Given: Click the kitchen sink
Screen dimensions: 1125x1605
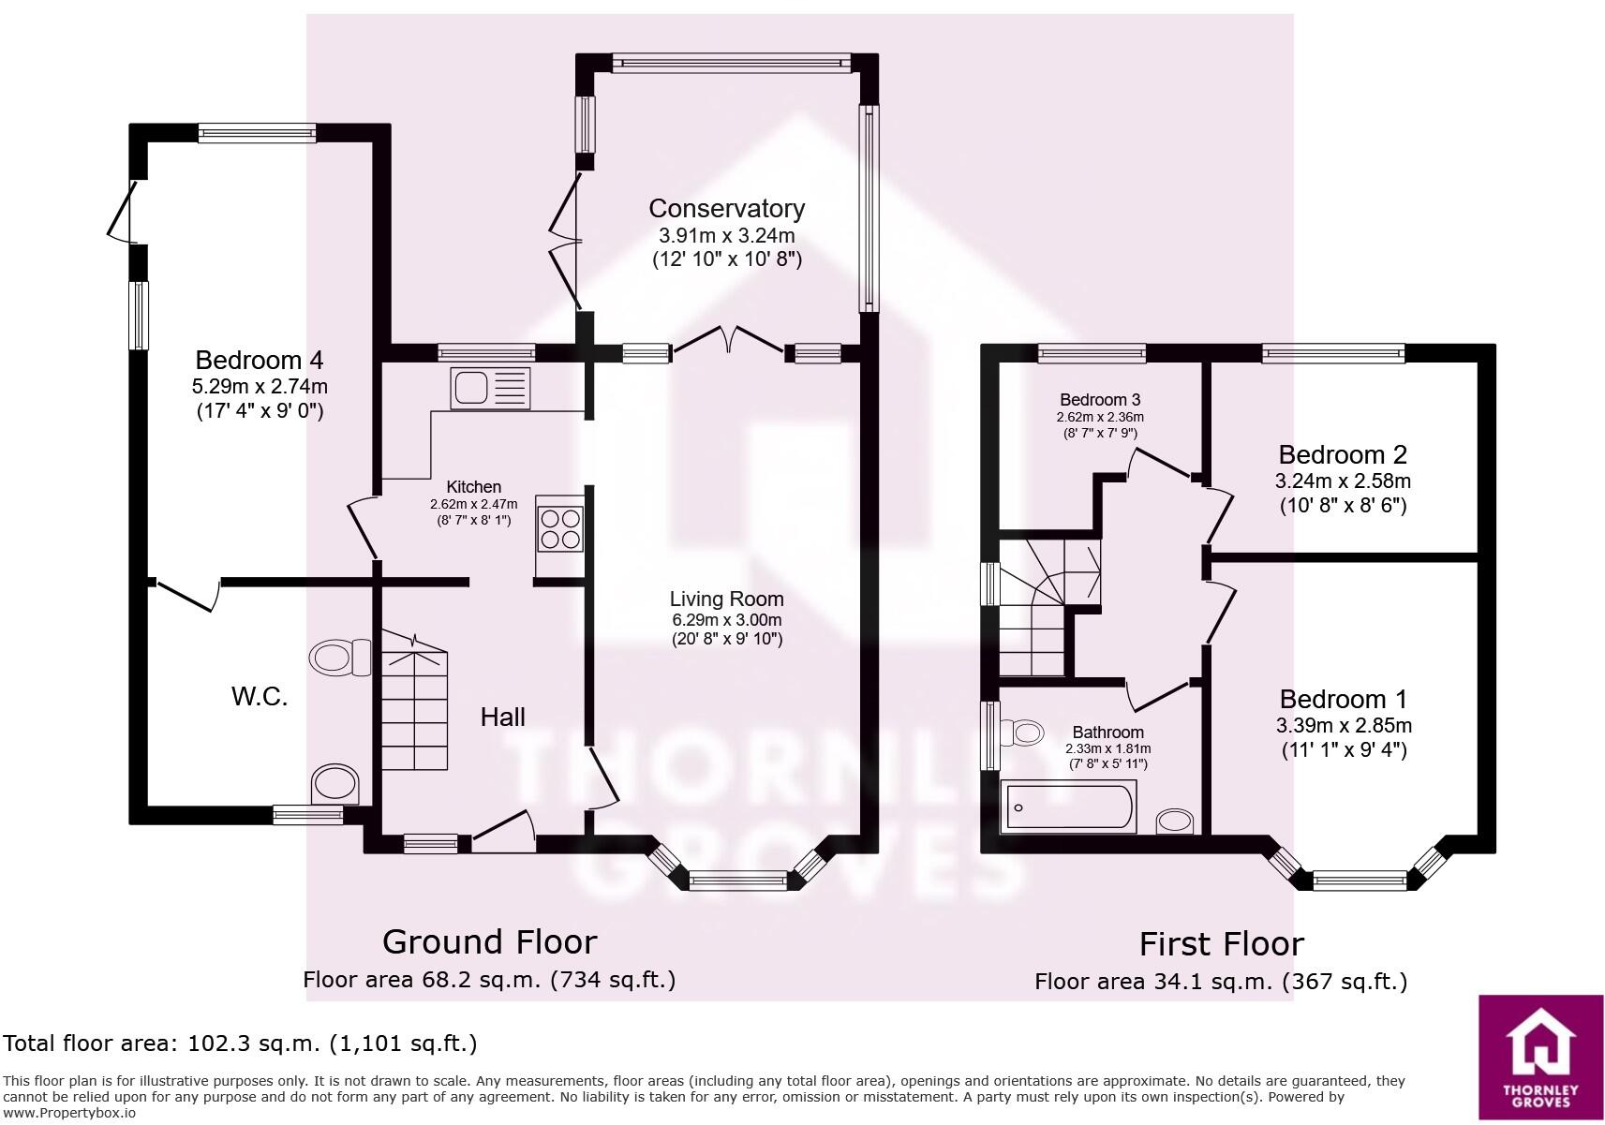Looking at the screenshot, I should (490, 388).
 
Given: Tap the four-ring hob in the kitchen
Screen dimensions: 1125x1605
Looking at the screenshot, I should (559, 528).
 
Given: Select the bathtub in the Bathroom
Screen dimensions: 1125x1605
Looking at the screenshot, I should (1068, 807).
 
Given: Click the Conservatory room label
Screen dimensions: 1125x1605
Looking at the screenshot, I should (726, 208).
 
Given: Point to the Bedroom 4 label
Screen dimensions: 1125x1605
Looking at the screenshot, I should (260, 360).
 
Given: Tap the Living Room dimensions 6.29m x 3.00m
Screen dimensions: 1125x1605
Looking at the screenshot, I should (726, 620).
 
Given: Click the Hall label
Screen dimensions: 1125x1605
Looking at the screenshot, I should (502, 718).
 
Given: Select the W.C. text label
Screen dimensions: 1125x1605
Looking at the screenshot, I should (260, 697).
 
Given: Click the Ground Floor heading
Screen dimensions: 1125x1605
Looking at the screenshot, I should (489, 941).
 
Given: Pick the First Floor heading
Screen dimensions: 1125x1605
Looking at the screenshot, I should (1221, 944).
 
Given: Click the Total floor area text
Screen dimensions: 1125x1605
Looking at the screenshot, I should (241, 1044).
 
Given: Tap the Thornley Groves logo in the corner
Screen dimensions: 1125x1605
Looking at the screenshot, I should (1540, 1057).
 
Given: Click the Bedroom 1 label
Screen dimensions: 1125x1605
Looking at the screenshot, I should (1344, 699).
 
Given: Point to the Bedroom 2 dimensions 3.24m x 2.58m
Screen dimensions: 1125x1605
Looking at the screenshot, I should (1343, 481).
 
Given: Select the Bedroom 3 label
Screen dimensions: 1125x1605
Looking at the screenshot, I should (1100, 400).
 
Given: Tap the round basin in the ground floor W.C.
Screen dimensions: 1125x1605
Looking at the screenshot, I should (334, 783).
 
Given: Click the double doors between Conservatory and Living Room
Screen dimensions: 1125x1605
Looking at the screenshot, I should (728, 343).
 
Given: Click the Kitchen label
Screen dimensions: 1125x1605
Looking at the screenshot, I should (473, 487).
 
